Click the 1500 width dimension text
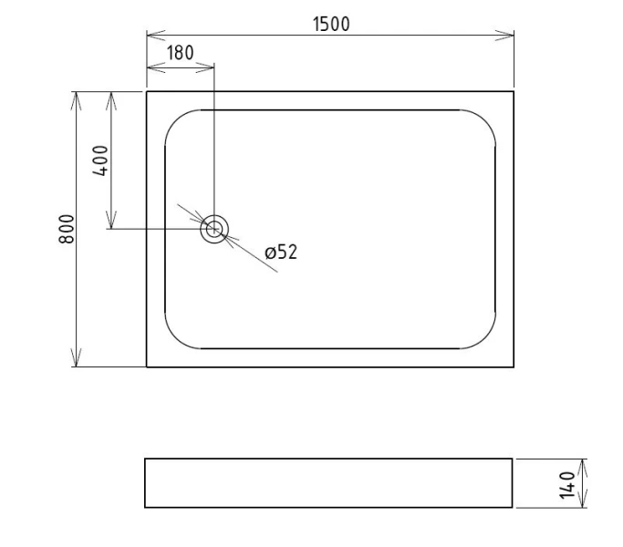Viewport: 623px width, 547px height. tap(331, 24)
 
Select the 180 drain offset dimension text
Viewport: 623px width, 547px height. tap(180, 53)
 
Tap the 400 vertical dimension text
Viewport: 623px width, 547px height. tap(100, 160)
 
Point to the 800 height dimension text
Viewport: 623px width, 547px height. tap(66, 229)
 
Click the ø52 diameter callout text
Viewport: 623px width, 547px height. tap(281, 253)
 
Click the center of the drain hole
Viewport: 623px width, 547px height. tap(213, 229)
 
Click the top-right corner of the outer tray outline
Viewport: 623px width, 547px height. tap(514, 91)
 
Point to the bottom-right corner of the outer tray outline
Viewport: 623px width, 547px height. tap(514, 366)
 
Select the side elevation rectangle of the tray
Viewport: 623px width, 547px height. tap(328, 483)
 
